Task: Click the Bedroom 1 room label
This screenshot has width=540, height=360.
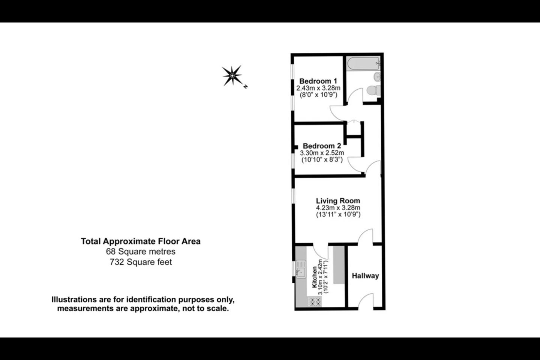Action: coord(318,81)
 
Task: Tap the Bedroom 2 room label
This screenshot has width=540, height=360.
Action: coord(322,146)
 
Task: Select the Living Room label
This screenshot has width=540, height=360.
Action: coord(338,201)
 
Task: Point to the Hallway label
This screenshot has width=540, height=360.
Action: coord(365,276)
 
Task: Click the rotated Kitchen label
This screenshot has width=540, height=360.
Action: coord(314,277)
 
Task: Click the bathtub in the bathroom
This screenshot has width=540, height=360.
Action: coord(363,63)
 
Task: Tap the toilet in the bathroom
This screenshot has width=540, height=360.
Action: coord(373,90)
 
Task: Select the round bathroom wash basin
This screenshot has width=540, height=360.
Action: coord(377,77)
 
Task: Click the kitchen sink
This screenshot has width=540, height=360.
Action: coord(301,269)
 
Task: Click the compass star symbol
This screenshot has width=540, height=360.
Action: coord(232,76)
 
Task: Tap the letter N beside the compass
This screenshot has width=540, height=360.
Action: coord(245,86)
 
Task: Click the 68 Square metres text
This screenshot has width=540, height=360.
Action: coord(141,252)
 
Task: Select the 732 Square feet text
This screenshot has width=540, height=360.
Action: coord(141,262)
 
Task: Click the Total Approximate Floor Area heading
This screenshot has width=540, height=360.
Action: coord(141,241)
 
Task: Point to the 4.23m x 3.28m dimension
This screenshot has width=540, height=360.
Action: coord(338,208)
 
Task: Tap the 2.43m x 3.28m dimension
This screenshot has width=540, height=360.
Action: coord(318,88)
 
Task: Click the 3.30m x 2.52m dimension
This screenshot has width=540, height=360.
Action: coord(322,153)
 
